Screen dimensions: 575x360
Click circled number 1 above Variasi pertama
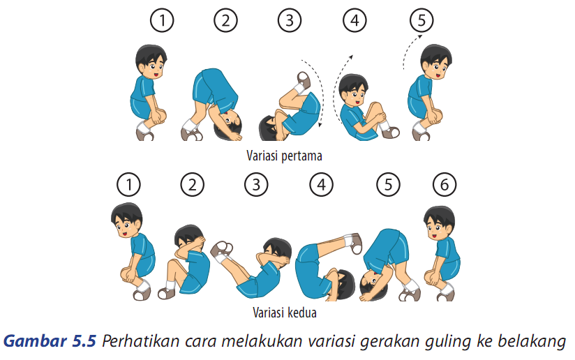162,20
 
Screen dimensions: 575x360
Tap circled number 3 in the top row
290,20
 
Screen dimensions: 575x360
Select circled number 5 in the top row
421,20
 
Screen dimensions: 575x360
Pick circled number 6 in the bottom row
444,184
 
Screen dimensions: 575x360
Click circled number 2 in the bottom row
192,184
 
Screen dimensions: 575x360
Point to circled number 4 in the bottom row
321,184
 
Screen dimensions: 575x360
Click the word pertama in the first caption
301,156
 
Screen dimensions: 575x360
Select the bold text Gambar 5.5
50,341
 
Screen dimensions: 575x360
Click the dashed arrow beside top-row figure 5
411,51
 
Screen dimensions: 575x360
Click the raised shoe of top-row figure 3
304,80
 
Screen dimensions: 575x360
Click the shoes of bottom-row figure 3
221,250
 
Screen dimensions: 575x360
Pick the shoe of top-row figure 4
391,133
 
